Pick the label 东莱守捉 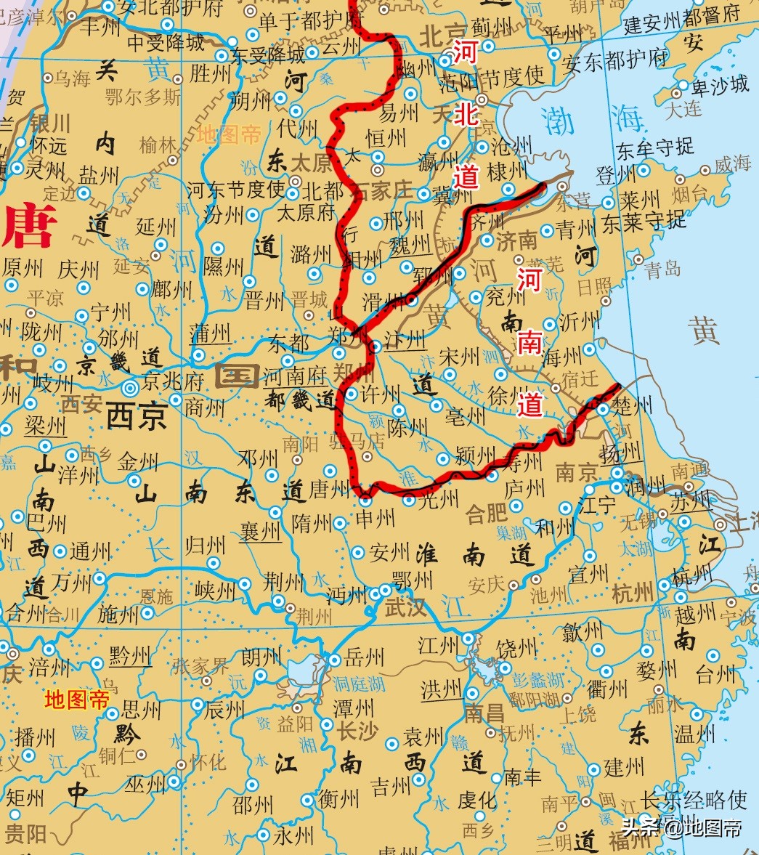tap(644, 222)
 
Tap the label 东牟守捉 tap(655, 149)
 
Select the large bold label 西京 tap(137, 417)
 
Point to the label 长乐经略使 tap(694, 800)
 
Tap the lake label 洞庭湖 tap(359, 683)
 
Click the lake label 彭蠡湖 tap(538, 680)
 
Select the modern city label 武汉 tap(405, 607)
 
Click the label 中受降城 tap(166, 43)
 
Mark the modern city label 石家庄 tap(381, 191)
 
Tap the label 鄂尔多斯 tap(142, 97)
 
